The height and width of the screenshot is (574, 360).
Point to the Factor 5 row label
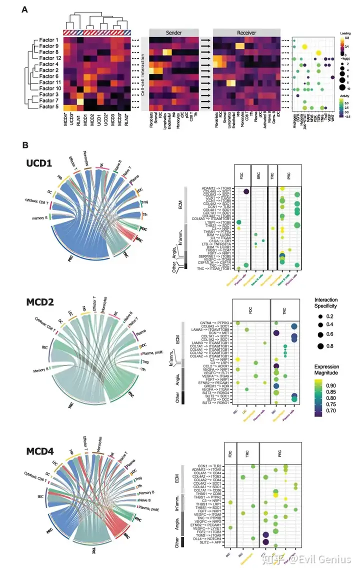click(x=48, y=106)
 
